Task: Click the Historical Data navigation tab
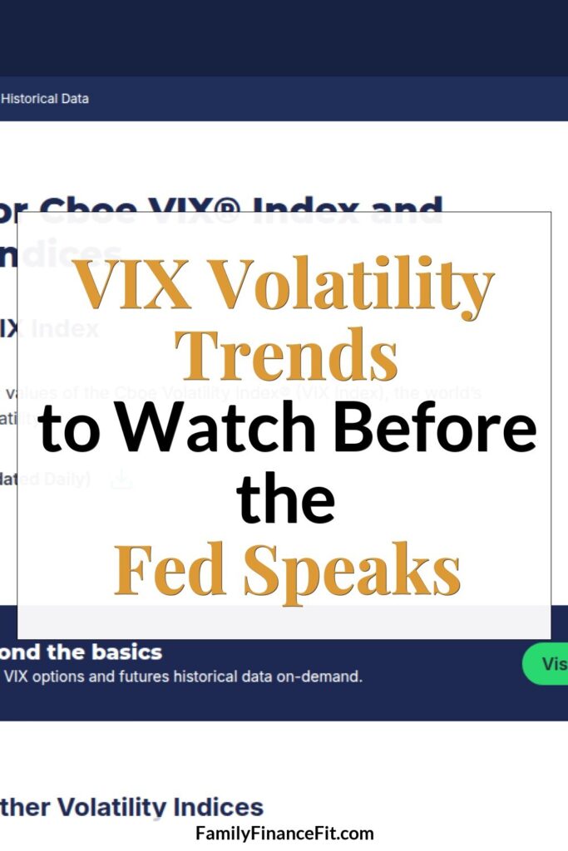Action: (x=45, y=98)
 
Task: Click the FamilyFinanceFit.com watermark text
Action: (x=284, y=833)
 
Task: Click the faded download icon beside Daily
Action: (x=121, y=480)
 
